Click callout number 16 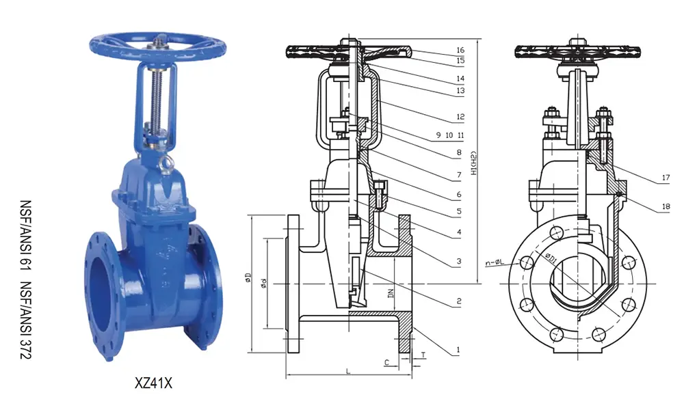point(460,50)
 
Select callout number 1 point(458,352)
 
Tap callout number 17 point(665,180)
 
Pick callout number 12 point(460,117)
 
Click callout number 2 point(459,301)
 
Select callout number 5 point(459,213)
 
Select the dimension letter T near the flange point(423,355)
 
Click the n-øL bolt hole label point(495,261)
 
